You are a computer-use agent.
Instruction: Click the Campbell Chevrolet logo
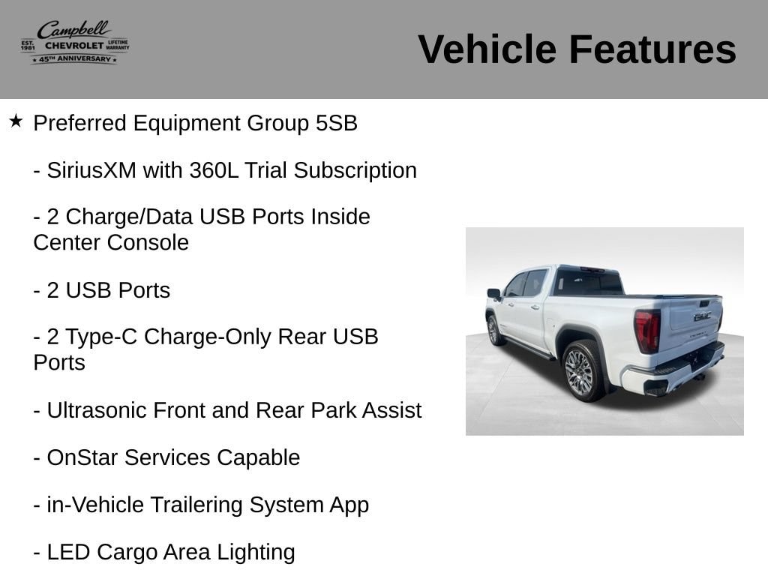pyautogui.click(x=75, y=42)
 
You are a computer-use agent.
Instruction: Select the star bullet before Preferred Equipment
pyautogui.click(x=16, y=121)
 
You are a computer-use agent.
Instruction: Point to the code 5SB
pyautogui.click(x=337, y=123)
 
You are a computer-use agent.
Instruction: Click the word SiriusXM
pyautogui.click(x=91, y=170)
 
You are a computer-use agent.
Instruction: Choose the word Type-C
pyautogui.click(x=101, y=337)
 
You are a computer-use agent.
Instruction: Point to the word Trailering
pyautogui.click(x=196, y=505)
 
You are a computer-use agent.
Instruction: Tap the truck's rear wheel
pyautogui.click(x=583, y=370)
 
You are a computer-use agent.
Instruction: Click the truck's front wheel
pyautogui.click(x=493, y=330)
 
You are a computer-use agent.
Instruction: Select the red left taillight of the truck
pyautogui.click(x=647, y=331)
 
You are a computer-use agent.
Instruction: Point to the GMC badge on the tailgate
pyautogui.click(x=702, y=316)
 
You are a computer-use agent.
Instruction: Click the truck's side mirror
pyautogui.click(x=493, y=294)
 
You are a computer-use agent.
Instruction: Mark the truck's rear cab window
pyautogui.click(x=588, y=283)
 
